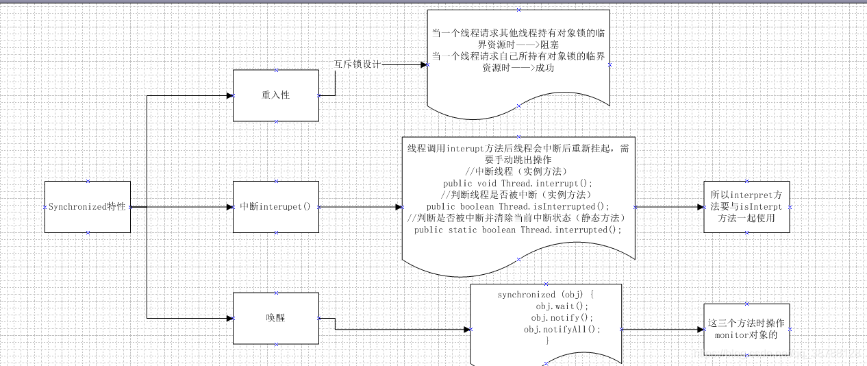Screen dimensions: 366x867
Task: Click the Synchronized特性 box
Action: click(87, 207)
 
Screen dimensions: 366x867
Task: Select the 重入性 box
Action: click(276, 95)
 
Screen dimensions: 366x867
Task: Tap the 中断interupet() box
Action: click(276, 207)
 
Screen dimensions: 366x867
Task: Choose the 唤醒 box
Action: click(276, 318)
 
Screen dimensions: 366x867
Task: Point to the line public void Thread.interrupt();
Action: click(518, 184)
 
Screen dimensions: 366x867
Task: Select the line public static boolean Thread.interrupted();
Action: click(518, 230)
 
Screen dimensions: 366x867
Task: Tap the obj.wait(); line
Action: click(562, 306)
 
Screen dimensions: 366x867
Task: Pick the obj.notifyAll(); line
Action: click(562, 330)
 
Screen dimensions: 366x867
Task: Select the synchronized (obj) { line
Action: click(546, 295)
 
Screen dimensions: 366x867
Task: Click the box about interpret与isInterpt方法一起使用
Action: click(746, 207)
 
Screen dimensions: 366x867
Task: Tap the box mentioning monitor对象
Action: click(746, 330)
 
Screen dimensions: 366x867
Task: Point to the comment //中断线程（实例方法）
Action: click(518, 172)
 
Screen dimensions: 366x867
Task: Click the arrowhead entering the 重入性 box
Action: click(229, 95)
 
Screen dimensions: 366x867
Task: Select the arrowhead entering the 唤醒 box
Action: click(229, 318)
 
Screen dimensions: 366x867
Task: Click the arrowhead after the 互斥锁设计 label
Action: click(424, 64)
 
